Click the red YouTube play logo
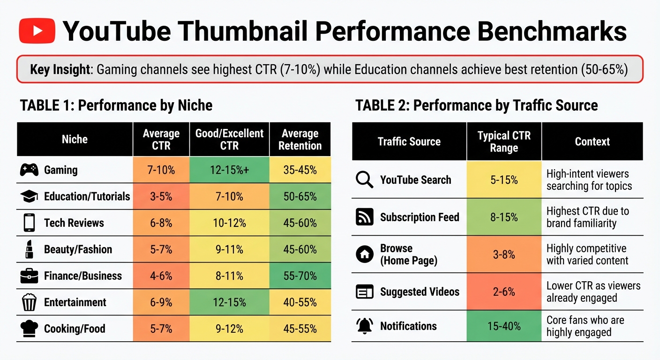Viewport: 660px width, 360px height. click(x=37, y=31)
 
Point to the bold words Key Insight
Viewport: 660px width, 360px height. click(x=60, y=70)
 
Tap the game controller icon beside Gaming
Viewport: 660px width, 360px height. click(x=29, y=170)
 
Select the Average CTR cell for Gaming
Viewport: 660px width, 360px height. click(x=161, y=170)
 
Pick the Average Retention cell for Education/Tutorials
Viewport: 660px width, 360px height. click(x=300, y=196)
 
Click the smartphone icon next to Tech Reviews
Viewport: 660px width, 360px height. click(x=29, y=223)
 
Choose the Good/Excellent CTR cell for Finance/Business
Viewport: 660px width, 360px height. click(x=229, y=276)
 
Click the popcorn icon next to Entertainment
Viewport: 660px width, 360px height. click(x=29, y=302)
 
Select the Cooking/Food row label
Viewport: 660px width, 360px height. click(x=75, y=329)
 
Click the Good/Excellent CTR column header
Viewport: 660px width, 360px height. click(x=229, y=139)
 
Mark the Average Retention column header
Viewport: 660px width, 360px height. click(x=300, y=139)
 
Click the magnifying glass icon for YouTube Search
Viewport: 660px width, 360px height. click(x=364, y=180)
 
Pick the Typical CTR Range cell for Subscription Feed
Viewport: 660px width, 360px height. click(x=504, y=217)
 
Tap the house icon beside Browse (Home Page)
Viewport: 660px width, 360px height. click(x=364, y=255)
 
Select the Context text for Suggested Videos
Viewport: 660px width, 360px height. click(x=593, y=292)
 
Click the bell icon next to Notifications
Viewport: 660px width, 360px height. click(x=364, y=326)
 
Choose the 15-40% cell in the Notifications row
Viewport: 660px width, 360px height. click(x=504, y=326)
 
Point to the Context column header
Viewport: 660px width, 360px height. click(x=592, y=142)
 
